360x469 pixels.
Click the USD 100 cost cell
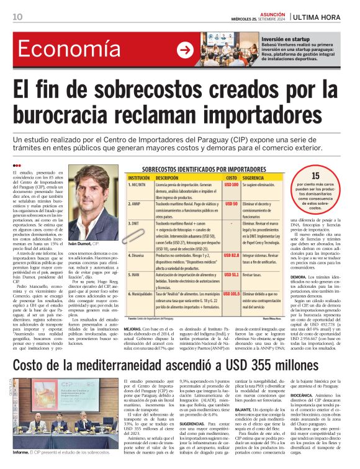(231, 185)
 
